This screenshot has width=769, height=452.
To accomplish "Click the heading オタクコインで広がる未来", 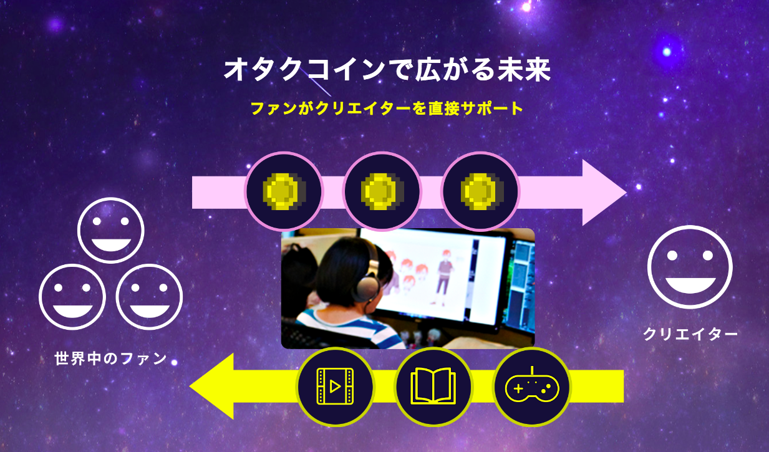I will pyautogui.click(x=387, y=70).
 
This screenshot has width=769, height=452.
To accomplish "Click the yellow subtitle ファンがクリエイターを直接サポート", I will pyautogui.click(x=386, y=108).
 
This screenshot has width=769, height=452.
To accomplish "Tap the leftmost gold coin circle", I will pyautogui.click(x=284, y=191).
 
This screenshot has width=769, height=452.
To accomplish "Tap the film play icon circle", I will pyautogui.click(x=335, y=386).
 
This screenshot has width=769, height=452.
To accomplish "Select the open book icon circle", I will pyautogui.click(x=433, y=386).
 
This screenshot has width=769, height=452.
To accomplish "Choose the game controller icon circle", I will pyautogui.click(x=532, y=387).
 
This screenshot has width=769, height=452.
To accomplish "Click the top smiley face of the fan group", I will pyautogui.click(x=110, y=231).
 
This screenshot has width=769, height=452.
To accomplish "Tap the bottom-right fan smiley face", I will pyautogui.click(x=149, y=297).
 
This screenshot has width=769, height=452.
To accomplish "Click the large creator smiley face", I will pyautogui.click(x=689, y=267).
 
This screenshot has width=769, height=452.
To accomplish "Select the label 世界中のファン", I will pyautogui.click(x=111, y=359).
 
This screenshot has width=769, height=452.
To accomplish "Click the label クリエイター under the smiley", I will pyautogui.click(x=690, y=335).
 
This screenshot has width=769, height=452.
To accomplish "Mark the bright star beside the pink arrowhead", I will pyautogui.click(x=638, y=186).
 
